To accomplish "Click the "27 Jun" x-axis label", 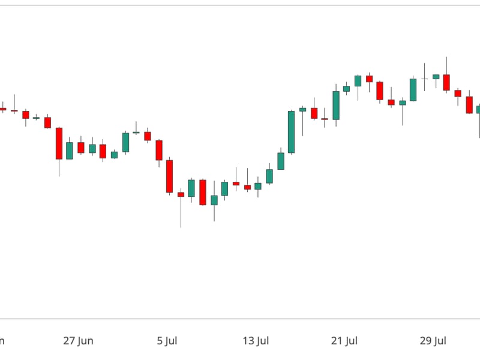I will click(x=78, y=341).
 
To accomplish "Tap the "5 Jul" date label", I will click(x=167, y=341).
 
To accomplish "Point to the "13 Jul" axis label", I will click(x=255, y=341).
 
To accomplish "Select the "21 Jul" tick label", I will click(x=344, y=341).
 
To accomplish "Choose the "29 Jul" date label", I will click(x=433, y=341).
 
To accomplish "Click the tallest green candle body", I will click(x=291, y=132).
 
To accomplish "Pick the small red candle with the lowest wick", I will click(x=181, y=194).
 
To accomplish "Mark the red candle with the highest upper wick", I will click(x=446, y=82).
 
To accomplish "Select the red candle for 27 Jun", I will click(x=81, y=147).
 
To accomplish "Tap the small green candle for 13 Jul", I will click(x=258, y=186).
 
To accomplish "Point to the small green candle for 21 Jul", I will click(x=346, y=89).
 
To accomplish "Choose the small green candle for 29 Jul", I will click(x=436, y=77).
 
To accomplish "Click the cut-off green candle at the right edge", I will click(x=478, y=109).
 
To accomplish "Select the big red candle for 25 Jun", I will click(x=59, y=143).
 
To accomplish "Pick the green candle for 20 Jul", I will click(x=336, y=106).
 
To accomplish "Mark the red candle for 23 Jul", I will click(x=369, y=79).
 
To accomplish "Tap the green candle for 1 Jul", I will click(x=125, y=142).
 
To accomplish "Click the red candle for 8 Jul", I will click(x=203, y=192).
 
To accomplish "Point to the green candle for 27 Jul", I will click(x=413, y=89).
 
